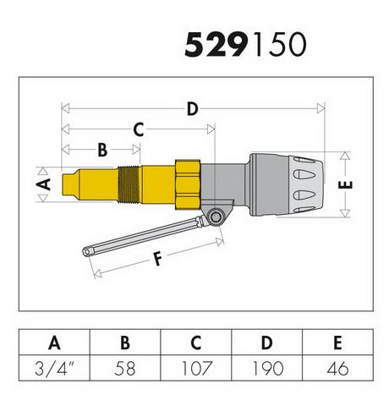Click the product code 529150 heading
click(245, 45)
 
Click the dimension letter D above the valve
click(193, 109)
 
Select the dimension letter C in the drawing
click(139, 129)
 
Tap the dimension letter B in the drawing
click(102, 150)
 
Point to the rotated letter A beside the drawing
click(43, 184)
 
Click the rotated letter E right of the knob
click(346, 184)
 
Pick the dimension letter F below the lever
click(158, 259)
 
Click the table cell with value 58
click(125, 368)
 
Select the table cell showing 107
click(196, 368)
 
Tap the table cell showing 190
click(267, 368)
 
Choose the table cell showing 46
click(338, 368)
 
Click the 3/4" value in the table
click(54, 368)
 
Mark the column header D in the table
click(267, 343)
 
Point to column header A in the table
click(54, 343)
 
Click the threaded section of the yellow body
click(129, 184)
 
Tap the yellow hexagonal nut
click(188, 184)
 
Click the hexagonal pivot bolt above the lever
click(216, 217)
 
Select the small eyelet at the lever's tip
click(87, 251)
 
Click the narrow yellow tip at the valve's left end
click(70, 184)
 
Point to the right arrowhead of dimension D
click(321, 108)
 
